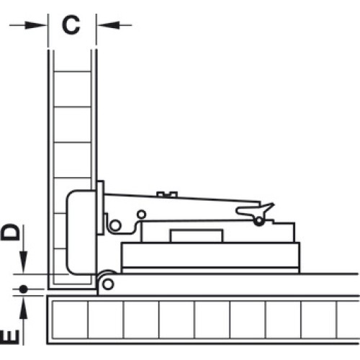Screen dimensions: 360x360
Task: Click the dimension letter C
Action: [x=71, y=25]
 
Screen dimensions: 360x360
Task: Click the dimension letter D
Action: [x=10, y=232]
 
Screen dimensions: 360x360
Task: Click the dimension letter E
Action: [x=10, y=337]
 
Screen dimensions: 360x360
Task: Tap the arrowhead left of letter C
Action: [x=35, y=24]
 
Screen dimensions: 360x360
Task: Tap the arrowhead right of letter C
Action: [x=109, y=24]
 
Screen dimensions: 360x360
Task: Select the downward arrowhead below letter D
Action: [x=23, y=262]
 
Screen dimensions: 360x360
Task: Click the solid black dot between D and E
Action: [x=23, y=289]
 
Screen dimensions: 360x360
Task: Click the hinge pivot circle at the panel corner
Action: [x=108, y=284]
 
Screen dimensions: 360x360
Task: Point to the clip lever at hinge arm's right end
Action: [x=256, y=210]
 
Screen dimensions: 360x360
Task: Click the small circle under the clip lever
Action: [x=259, y=221]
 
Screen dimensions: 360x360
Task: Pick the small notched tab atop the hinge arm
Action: [x=167, y=194]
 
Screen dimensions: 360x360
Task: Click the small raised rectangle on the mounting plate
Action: [x=197, y=236]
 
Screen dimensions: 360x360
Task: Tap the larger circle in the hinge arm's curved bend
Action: [x=115, y=225]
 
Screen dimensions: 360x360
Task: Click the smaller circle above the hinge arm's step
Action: [x=142, y=214]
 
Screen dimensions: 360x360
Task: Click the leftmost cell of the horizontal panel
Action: [x=70, y=320]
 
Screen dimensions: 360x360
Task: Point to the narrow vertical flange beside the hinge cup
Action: [x=100, y=207]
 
